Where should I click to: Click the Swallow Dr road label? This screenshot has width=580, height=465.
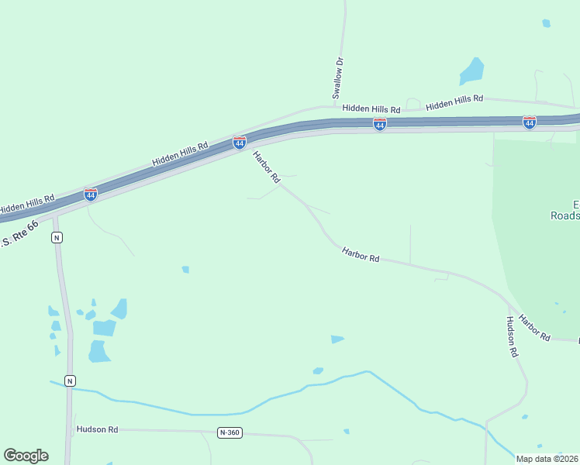[x=338, y=77]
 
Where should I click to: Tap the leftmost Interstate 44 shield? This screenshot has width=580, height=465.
[x=91, y=194]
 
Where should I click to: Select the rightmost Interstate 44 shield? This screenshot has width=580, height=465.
[x=529, y=122]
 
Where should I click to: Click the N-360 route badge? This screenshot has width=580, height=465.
[x=230, y=432]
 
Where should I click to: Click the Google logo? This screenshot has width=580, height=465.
[x=26, y=456]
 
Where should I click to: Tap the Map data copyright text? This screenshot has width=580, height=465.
[x=546, y=459]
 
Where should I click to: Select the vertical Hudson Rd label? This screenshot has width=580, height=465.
[x=512, y=336]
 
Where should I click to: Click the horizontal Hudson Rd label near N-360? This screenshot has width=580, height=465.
[x=96, y=429]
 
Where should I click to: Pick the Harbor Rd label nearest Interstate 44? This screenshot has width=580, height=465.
[x=266, y=167]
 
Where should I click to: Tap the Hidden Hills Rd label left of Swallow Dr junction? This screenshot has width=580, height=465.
[x=371, y=109]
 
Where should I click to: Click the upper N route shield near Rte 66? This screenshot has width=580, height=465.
[x=57, y=238]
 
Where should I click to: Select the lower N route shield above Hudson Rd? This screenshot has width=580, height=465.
[x=70, y=381]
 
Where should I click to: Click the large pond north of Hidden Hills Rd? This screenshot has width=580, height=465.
[x=471, y=71]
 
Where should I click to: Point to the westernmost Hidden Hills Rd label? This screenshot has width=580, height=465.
[x=27, y=204]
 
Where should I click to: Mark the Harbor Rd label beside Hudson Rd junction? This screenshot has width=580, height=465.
[x=534, y=327]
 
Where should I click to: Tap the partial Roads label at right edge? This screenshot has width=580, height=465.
[x=565, y=216]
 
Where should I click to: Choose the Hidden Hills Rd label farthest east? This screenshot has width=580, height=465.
[x=454, y=100]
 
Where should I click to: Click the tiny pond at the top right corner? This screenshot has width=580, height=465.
[x=546, y=23]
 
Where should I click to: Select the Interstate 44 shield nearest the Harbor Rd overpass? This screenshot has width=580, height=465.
[x=240, y=143]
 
